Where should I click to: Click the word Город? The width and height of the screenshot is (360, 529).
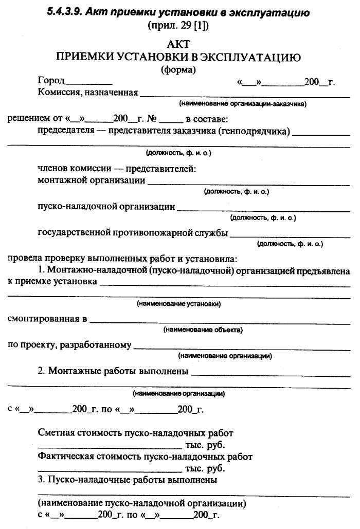click(x=51, y=81)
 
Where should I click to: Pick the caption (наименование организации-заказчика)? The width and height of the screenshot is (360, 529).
click(x=243, y=104)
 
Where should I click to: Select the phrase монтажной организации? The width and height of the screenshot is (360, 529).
click(x=92, y=180)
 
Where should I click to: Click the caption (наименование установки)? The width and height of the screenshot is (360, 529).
click(x=178, y=304)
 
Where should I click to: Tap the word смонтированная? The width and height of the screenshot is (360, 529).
click(x=44, y=319)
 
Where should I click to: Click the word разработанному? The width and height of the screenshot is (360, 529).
click(x=96, y=345)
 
